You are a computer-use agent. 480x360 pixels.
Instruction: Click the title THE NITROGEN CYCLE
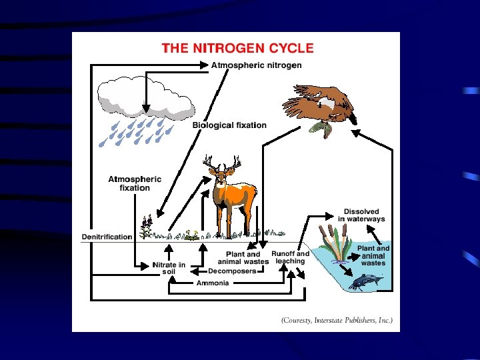tap(237, 48)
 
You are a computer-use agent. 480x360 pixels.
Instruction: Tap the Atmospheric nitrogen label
tap(256, 65)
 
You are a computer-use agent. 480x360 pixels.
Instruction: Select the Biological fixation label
tap(229, 125)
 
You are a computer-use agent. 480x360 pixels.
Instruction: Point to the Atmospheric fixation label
tap(135, 183)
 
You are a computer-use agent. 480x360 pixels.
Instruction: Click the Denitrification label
tap(107, 237)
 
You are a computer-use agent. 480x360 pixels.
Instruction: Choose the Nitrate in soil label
tap(169, 269)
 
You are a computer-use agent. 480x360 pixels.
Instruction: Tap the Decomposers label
tap(232, 271)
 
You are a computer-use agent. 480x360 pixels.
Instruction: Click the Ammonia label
tap(212, 283)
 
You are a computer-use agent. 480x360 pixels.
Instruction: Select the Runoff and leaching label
tap(290, 257)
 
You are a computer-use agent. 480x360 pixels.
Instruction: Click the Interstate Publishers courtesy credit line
tap(337, 320)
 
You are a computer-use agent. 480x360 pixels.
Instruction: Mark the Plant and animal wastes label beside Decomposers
tap(243, 258)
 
